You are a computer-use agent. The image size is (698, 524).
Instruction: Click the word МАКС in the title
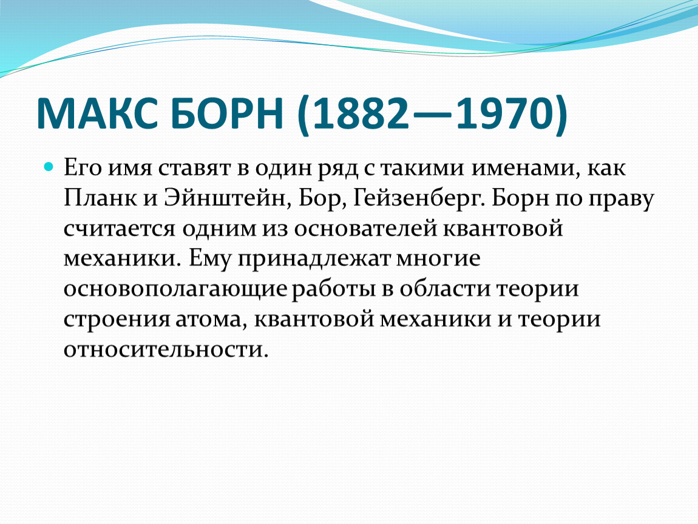coord(93,113)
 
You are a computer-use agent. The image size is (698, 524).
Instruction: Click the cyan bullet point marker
coord(49,167)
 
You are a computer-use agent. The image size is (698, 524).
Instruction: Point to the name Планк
coord(101,198)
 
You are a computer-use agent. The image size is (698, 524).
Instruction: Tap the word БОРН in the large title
coord(226,113)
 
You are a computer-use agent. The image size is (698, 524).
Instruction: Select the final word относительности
coord(166,349)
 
